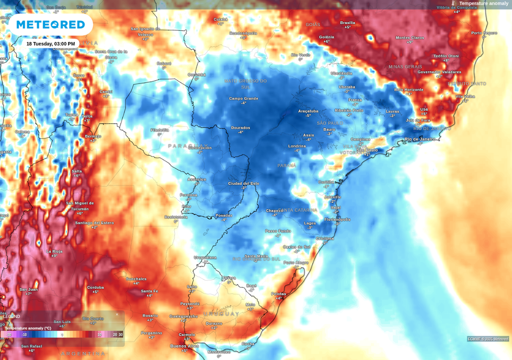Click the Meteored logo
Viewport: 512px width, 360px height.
[x=50, y=24]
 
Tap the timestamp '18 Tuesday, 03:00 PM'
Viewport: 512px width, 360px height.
[x=50, y=44]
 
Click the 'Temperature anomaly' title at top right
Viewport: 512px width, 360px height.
[x=483, y=4]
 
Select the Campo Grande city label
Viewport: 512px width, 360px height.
[x=243, y=98]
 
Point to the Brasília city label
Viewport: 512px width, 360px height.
[x=347, y=23]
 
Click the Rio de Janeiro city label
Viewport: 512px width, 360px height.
[x=420, y=139]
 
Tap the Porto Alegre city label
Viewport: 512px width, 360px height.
[x=296, y=262]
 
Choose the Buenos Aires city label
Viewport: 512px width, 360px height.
[x=184, y=346]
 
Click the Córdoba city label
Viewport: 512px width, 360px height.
[x=96, y=287]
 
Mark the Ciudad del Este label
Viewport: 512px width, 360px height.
[x=243, y=183]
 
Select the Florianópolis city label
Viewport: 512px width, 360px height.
[x=337, y=219]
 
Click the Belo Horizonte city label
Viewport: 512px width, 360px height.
[x=408, y=90]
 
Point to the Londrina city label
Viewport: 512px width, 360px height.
[x=297, y=146]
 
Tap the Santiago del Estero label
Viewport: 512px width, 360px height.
[x=94, y=223]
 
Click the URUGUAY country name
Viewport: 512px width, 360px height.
[x=221, y=314]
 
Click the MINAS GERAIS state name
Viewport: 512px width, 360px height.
[x=405, y=67]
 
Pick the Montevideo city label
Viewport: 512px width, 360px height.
[x=219, y=352]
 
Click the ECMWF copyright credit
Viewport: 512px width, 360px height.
[x=488, y=339]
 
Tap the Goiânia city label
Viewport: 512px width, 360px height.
[x=327, y=37]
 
